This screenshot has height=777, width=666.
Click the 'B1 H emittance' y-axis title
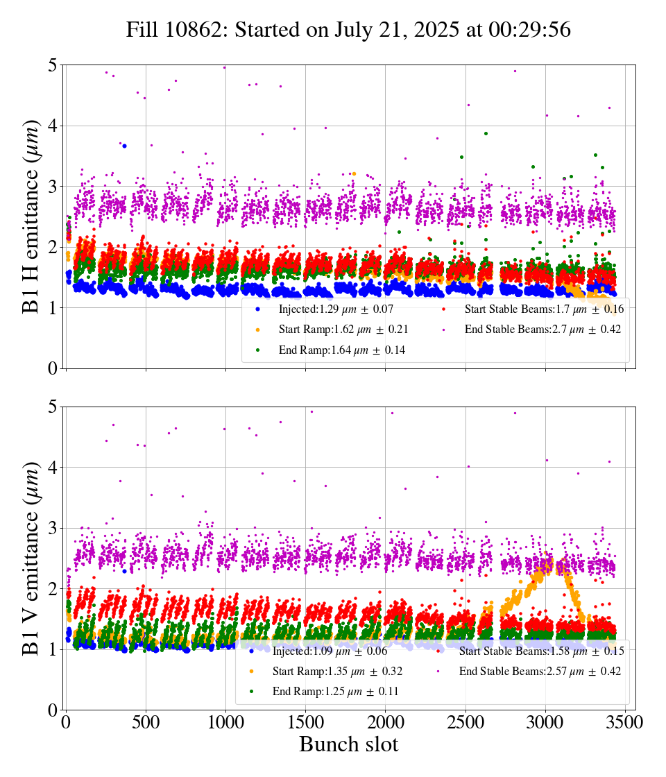pos(32,216)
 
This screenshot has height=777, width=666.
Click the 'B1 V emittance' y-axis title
pos(32,558)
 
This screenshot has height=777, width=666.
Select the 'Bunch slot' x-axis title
pos(348,745)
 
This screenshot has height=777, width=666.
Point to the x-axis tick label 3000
pos(545,721)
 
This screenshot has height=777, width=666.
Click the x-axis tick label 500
pos(146,721)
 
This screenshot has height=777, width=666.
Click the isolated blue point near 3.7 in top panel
pos(124,146)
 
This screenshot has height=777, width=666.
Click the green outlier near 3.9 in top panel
pos(486,133)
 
